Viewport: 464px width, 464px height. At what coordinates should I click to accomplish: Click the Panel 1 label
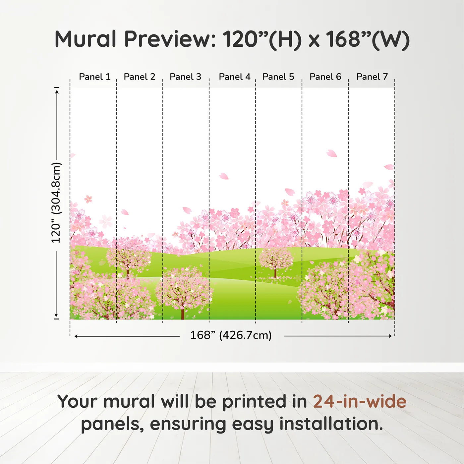pos(94,77)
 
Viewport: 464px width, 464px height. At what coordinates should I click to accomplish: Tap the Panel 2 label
pos(139,77)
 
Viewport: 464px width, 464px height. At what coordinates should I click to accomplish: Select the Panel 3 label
pos(185,77)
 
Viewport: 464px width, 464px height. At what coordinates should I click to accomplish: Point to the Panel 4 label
pos(235,77)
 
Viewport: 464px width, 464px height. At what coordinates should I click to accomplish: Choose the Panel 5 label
pos(278,77)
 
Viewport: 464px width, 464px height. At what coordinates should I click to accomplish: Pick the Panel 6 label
pos(325,77)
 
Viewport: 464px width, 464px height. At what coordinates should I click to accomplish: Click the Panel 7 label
pos(372,77)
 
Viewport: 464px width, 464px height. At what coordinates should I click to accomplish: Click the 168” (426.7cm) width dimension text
pos(231,335)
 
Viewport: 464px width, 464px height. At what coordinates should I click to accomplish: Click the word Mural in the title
pos(86,39)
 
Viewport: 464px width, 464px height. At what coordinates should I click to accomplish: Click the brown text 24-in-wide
pos(360,402)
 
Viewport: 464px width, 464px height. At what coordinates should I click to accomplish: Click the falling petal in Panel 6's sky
pos(331,153)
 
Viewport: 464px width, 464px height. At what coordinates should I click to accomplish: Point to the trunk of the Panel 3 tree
pos(183,313)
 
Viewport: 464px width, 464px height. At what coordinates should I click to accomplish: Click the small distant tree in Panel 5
pos(276,262)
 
